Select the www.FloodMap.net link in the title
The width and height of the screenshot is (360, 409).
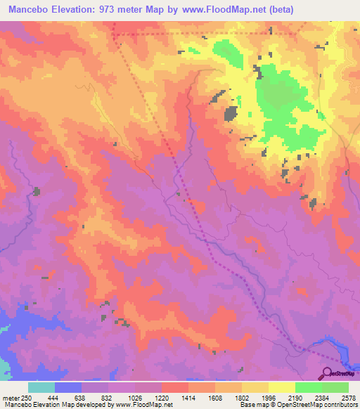216,9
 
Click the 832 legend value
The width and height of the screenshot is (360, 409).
108,398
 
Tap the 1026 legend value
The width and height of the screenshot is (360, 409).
134,398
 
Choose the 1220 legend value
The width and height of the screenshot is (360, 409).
161,398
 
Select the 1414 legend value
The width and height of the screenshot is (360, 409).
188,398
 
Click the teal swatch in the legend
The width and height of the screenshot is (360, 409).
41,387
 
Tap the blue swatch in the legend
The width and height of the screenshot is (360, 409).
68,387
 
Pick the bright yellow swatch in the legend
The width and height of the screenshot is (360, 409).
282,387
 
